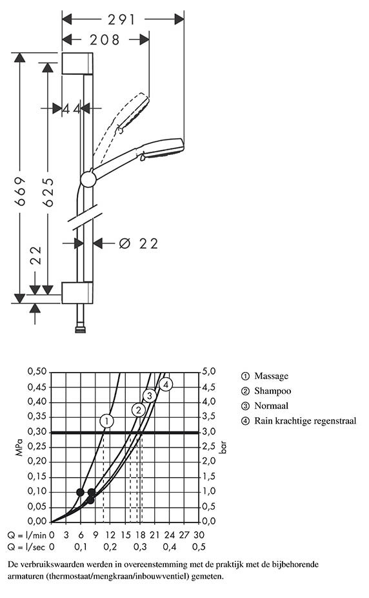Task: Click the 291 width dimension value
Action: [121, 19]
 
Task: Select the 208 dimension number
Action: [105, 39]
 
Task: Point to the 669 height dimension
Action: [20, 191]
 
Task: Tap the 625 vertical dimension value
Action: [48, 192]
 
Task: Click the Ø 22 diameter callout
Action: [138, 243]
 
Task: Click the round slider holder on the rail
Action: [88, 180]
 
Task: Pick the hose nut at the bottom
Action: [81, 329]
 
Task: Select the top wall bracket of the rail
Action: [77, 63]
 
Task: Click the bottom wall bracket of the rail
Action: [77, 293]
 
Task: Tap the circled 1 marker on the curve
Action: [107, 422]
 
